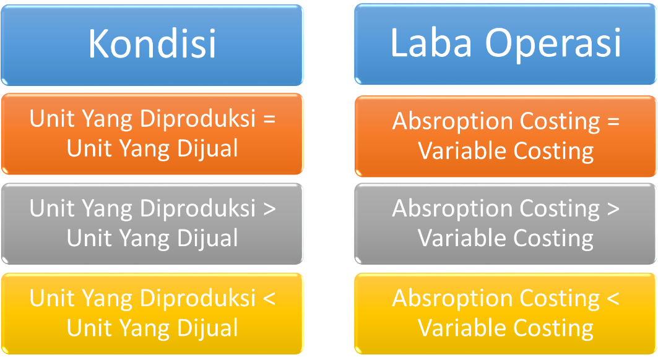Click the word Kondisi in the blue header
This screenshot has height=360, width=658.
tap(152, 43)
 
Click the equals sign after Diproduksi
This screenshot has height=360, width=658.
tap(269, 119)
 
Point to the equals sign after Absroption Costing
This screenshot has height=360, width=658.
tap(613, 121)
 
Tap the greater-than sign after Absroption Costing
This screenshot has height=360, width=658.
tap(613, 208)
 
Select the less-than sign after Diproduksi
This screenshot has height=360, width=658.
tap(269, 299)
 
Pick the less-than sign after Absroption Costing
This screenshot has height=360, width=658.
tap(613, 298)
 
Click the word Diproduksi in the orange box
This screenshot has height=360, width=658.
tap(197, 119)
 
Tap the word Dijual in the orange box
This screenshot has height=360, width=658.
tap(207, 149)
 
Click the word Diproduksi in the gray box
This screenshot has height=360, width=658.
tap(197, 208)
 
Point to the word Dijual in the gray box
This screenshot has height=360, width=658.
tap(207, 238)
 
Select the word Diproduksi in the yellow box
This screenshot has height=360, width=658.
tap(197, 298)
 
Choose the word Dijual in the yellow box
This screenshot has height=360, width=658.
tap(207, 328)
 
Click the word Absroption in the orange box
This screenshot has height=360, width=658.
tap(452, 122)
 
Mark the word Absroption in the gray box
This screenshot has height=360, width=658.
tap(452, 209)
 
